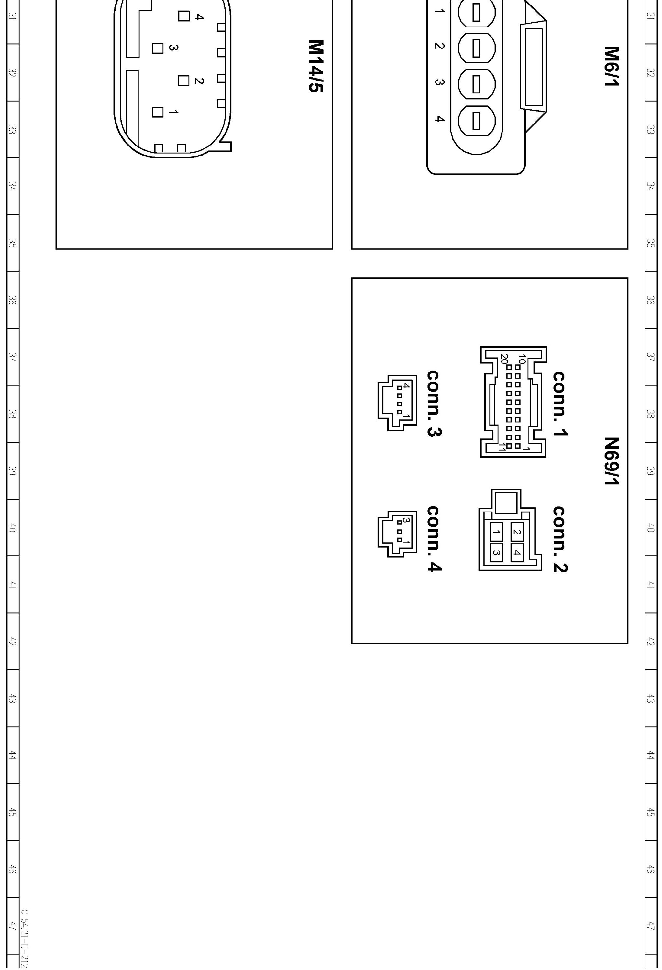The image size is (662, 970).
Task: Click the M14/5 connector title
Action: click(316, 66)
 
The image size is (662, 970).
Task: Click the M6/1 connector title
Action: click(611, 66)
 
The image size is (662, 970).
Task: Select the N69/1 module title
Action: click(611, 461)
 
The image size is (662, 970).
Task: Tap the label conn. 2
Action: click(560, 539)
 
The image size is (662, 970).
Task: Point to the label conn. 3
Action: click(434, 403)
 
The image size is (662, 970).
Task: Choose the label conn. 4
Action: click(434, 539)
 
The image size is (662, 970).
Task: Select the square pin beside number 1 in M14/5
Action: click(158, 112)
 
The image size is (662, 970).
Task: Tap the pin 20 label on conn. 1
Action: click(504, 359)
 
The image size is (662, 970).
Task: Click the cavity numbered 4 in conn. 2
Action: click(517, 553)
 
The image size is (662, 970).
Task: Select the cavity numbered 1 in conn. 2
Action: click(496, 532)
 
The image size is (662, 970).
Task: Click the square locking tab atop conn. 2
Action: click(506, 502)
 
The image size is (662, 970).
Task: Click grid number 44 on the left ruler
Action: click(13, 755)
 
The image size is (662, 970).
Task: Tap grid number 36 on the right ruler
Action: click(650, 300)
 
